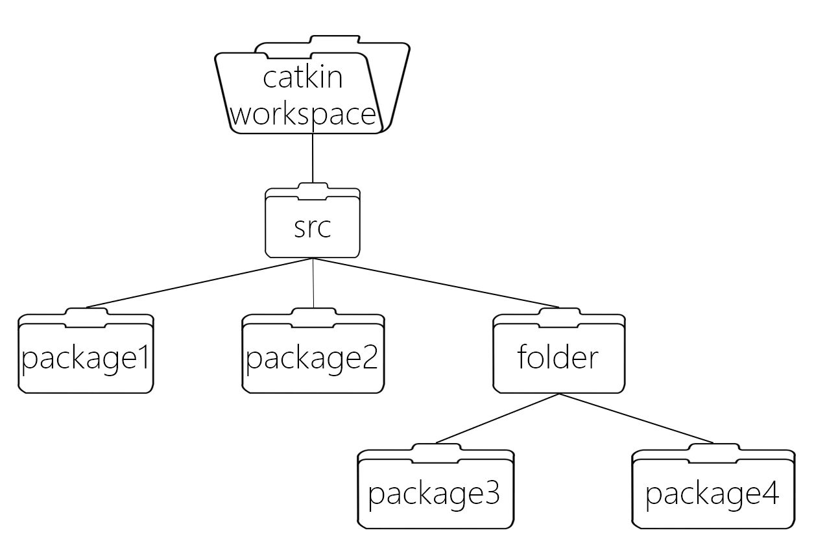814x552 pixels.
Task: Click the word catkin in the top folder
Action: (x=302, y=78)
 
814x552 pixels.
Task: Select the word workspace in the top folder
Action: (x=304, y=114)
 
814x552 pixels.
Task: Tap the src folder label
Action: (x=313, y=228)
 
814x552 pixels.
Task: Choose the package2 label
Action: (x=312, y=357)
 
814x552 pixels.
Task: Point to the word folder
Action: (x=558, y=357)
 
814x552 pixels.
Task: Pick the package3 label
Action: (x=435, y=493)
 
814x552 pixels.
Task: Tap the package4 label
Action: (x=712, y=493)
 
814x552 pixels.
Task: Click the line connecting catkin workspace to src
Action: (x=313, y=158)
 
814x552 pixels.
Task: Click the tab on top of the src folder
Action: (x=313, y=189)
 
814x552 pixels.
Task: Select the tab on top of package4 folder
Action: (x=713, y=448)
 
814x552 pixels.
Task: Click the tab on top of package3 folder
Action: (x=435, y=448)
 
